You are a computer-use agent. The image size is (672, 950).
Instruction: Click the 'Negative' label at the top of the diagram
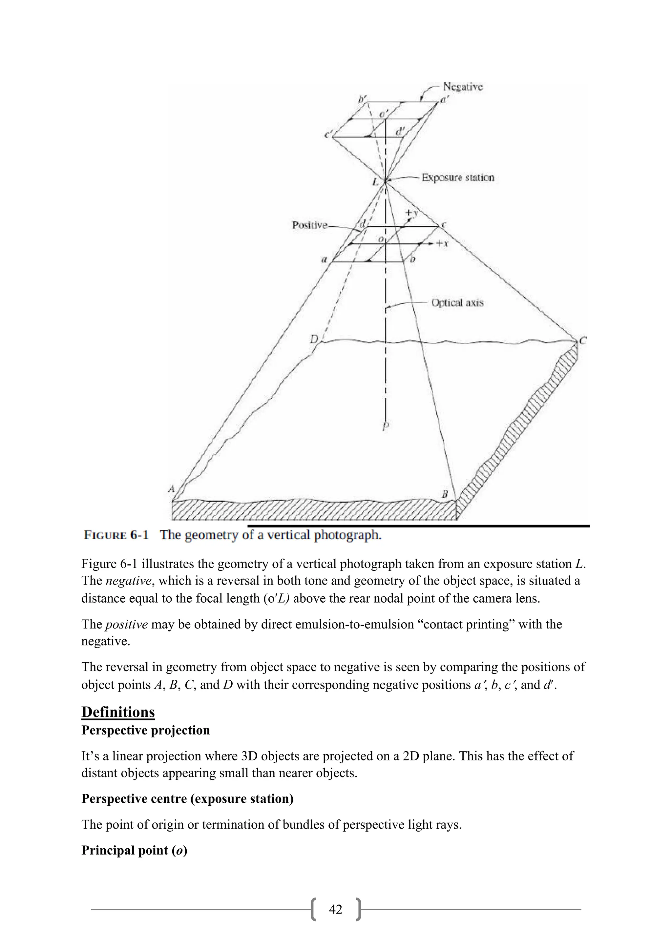coord(463,87)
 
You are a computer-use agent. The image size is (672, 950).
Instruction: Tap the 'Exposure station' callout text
coord(458,177)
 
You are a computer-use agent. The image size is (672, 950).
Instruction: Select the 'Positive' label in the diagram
coord(309,225)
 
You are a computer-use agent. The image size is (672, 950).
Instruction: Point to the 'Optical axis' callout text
coord(457,302)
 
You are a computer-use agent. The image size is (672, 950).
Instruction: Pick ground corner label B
coord(445,494)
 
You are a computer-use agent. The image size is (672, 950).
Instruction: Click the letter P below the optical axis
coord(385,426)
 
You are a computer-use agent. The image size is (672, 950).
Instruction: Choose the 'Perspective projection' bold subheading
coord(146,730)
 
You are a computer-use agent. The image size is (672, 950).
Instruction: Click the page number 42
coord(336,909)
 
